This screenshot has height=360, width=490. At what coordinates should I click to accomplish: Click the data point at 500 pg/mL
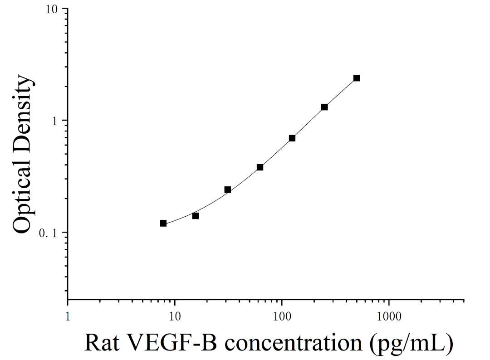pyautogui.click(x=357, y=78)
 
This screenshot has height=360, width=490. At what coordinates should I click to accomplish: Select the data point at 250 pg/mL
pyautogui.click(x=324, y=107)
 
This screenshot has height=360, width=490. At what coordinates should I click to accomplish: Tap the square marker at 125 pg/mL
pyautogui.click(x=292, y=138)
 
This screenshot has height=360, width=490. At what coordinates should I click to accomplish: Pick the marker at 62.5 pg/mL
pyautogui.click(x=260, y=167)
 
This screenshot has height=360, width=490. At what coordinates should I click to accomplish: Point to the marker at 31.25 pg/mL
pyautogui.click(x=227, y=190)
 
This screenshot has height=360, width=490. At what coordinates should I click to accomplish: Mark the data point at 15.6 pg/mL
pyautogui.click(x=195, y=216)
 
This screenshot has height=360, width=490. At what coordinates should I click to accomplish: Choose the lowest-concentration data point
pyautogui.click(x=163, y=223)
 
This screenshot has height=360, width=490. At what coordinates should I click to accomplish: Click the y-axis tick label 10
pyautogui.click(x=52, y=10)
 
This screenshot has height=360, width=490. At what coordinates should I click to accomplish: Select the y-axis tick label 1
pyautogui.click(x=55, y=121)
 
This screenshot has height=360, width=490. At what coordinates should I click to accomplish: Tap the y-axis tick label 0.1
pyautogui.click(x=49, y=233)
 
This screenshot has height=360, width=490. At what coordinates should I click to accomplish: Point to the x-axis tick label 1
pyautogui.click(x=68, y=316)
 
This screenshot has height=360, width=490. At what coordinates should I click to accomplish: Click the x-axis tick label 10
pyautogui.click(x=175, y=316)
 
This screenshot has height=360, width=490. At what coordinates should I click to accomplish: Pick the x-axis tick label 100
pyautogui.click(x=282, y=316)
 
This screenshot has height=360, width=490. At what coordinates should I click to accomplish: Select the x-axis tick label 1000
pyautogui.click(x=389, y=316)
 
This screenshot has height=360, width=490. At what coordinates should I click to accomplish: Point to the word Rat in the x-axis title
pyautogui.click(x=102, y=343)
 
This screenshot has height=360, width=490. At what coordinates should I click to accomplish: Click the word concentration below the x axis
pyautogui.click(x=294, y=343)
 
